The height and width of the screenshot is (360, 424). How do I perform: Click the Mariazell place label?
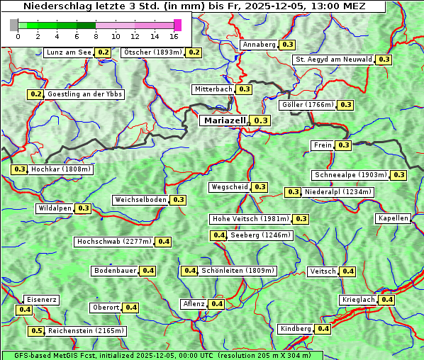pyautogui.click(x=224, y=121)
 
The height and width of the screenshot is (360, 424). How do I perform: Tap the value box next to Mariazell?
pyautogui.click(x=261, y=121)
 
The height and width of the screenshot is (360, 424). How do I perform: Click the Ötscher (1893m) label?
pyautogui.click(x=153, y=52)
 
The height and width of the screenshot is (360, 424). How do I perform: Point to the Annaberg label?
pyautogui.click(x=259, y=45)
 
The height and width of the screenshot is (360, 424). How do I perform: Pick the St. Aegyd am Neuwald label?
pyautogui.click(x=334, y=60)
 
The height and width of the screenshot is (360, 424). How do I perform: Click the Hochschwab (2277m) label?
pyautogui.click(x=114, y=242)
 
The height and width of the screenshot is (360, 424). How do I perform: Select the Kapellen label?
pyautogui.click(x=394, y=218)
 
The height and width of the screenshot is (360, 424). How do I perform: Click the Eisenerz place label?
pyautogui.click(x=41, y=300)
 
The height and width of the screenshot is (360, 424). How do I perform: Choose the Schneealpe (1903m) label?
pyautogui.click(x=351, y=175)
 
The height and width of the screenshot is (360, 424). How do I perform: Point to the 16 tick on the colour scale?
pyautogui.click(x=174, y=36)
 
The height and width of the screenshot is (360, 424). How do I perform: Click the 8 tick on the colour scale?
pyautogui.click(x=96, y=36)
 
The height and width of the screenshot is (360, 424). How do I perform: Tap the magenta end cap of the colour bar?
pyautogui.click(x=177, y=25)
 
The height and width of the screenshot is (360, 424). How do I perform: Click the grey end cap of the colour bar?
pyautogui.click(x=14, y=25)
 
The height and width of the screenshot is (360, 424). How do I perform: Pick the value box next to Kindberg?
pyautogui.click(x=323, y=329)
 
